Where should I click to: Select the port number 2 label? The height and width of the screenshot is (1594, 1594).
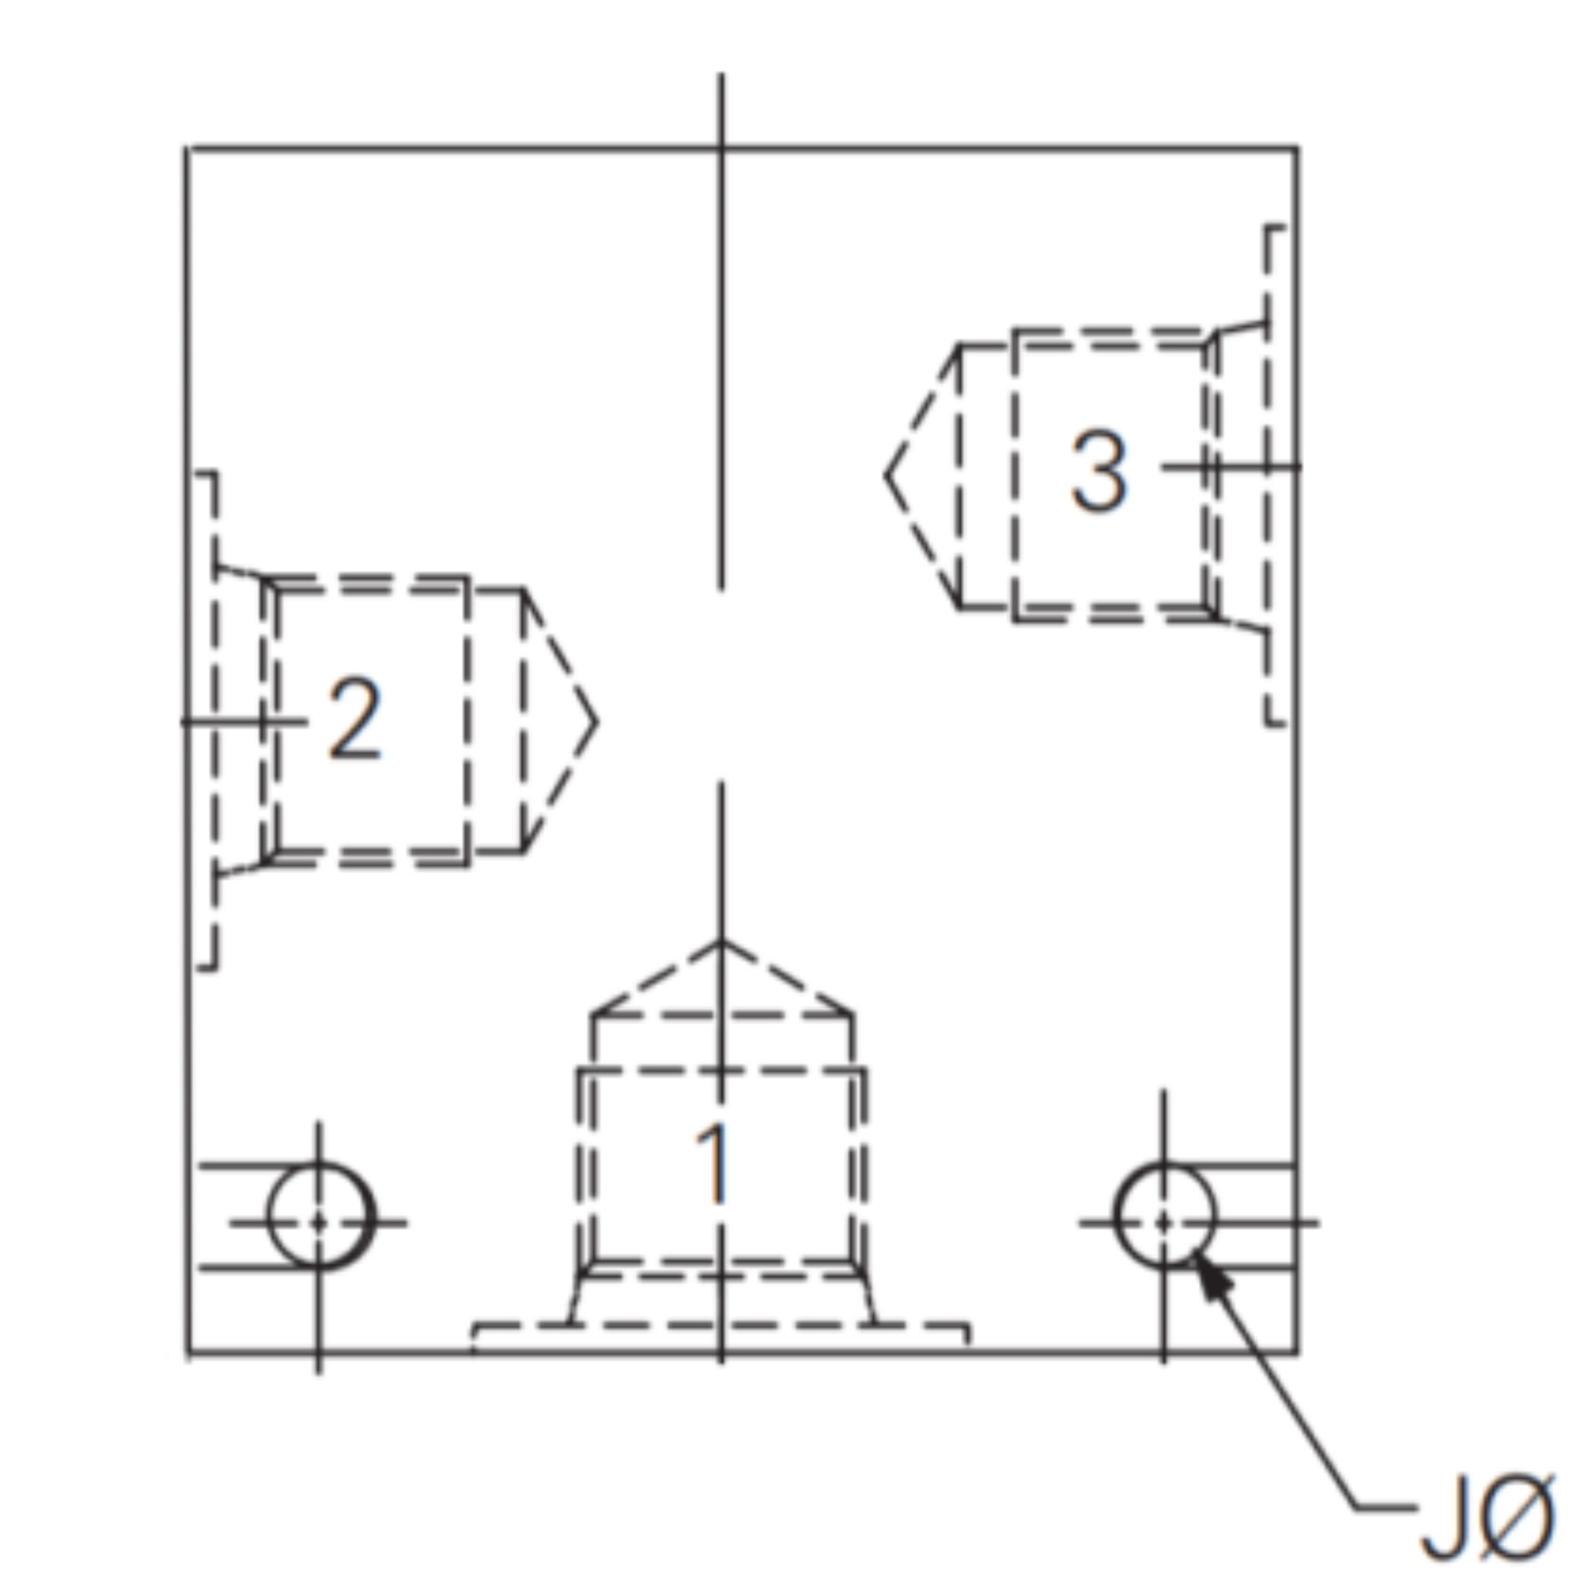[x=355, y=718]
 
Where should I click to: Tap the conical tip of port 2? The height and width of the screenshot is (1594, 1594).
[x=595, y=722]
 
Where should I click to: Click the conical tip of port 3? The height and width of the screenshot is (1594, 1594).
[x=886, y=476]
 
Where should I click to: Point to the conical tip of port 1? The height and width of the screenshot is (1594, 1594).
[x=721, y=940]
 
